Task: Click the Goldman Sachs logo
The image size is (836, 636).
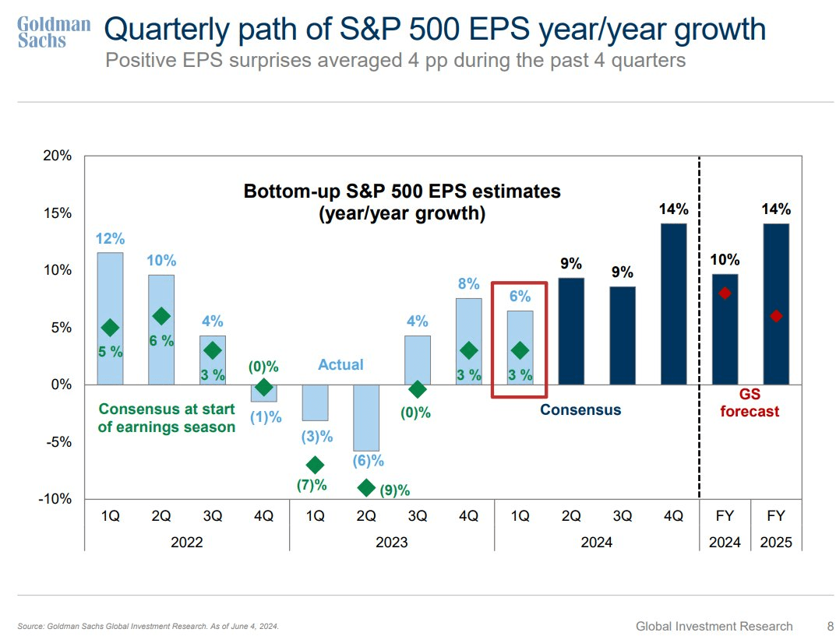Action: (x=54, y=32)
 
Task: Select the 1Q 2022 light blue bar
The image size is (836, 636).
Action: (x=110, y=318)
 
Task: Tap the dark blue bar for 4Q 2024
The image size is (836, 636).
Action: (x=674, y=304)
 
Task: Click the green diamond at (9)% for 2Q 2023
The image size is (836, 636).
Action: (x=366, y=488)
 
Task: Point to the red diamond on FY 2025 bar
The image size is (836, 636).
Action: (x=775, y=316)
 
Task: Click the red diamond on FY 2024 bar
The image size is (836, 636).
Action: (x=725, y=293)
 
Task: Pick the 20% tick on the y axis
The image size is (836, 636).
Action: (x=57, y=156)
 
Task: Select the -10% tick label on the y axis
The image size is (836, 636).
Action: (x=55, y=499)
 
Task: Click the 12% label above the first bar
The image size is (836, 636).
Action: (x=110, y=238)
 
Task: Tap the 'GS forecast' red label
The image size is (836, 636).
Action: (x=749, y=403)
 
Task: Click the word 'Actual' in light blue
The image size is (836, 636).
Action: (x=340, y=364)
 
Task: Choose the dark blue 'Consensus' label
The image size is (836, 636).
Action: (x=580, y=409)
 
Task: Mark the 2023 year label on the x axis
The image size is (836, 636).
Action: (x=391, y=543)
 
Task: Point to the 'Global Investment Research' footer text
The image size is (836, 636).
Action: (x=714, y=626)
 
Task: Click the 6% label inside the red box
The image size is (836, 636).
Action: (x=520, y=296)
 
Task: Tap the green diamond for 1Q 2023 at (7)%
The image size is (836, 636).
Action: (x=315, y=466)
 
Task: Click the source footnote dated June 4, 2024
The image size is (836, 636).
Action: (x=148, y=627)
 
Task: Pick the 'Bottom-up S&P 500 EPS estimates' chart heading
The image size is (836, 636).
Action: (x=402, y=192)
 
